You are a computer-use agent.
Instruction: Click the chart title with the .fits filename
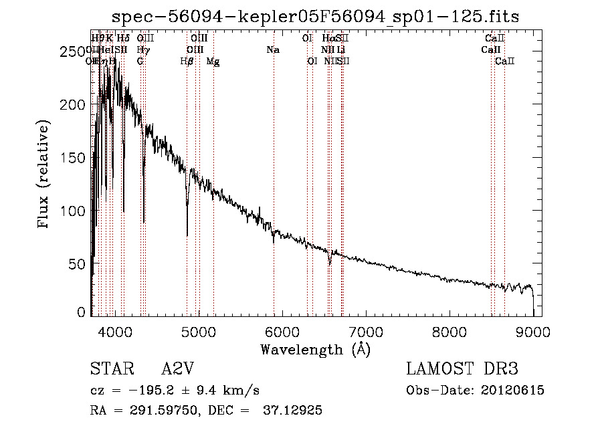[x=315, y=16]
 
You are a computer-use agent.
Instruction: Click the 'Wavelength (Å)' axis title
[x=315, y=349]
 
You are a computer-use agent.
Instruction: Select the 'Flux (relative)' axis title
[x=44, y=175]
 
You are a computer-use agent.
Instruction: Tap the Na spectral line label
[x=272, y=49]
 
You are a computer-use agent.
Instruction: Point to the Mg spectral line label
[x=213, y=62]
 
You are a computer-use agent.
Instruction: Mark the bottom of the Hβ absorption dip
[x=187, y=235]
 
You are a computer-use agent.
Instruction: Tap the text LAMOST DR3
[x=462, y=369]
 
